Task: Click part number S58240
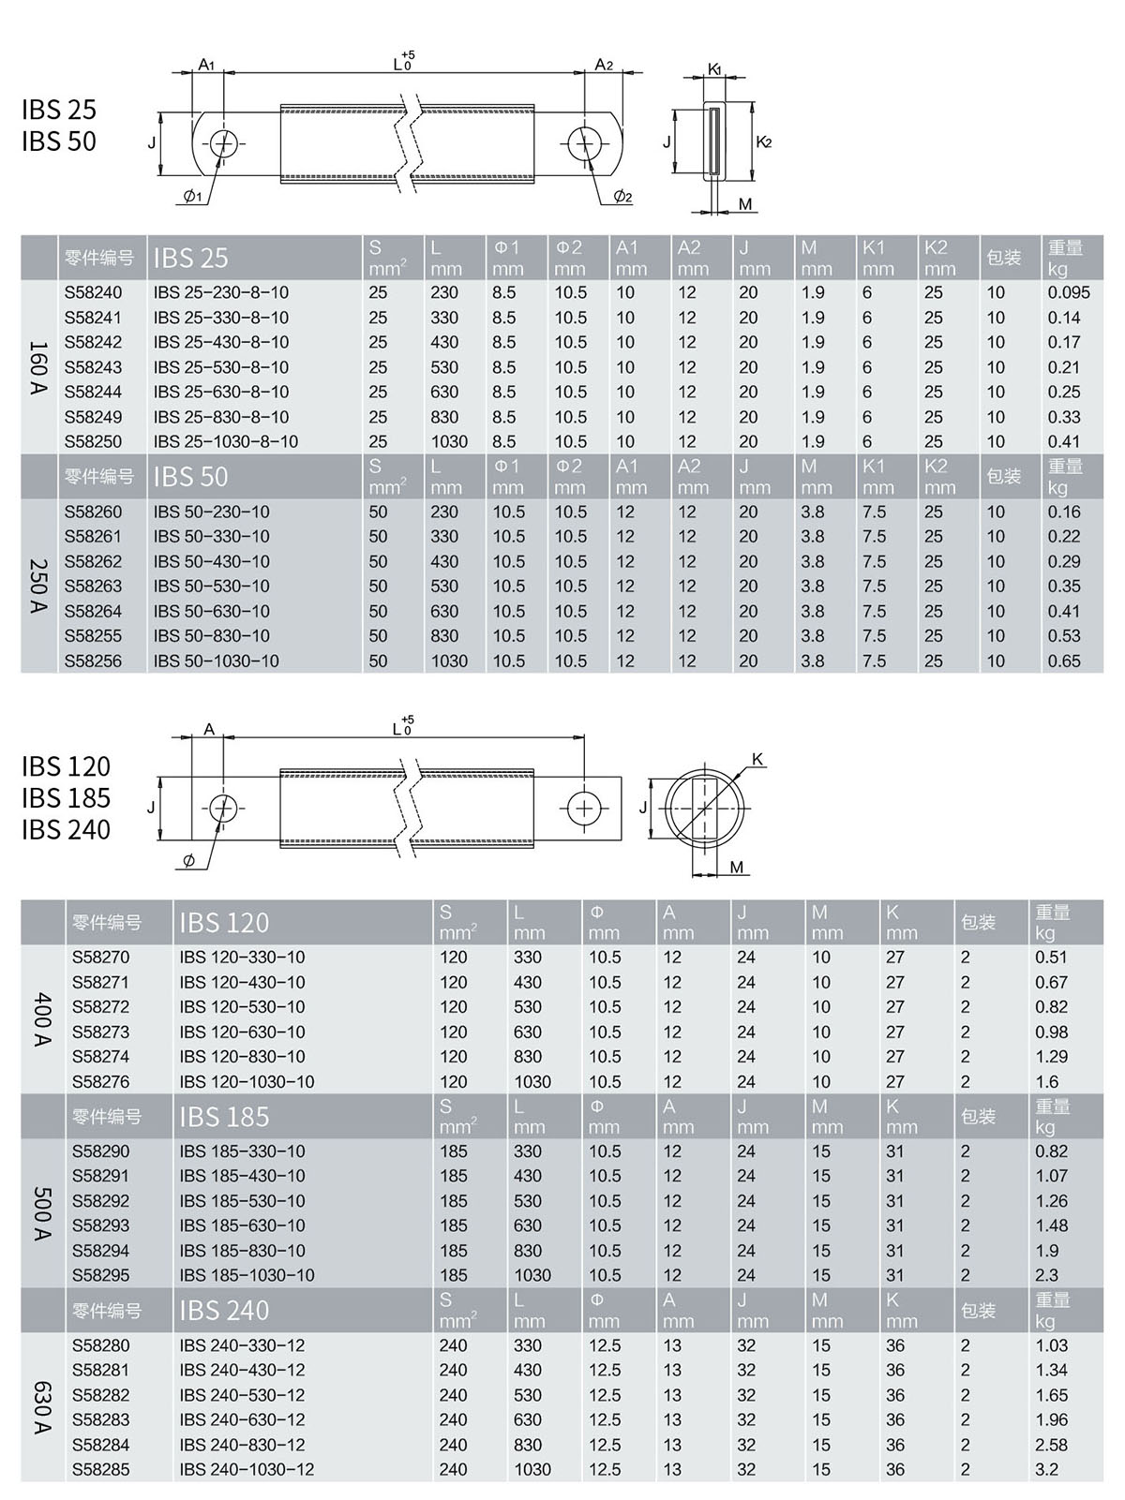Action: [x=93, y=293]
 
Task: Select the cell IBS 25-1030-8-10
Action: [x=226, y=442]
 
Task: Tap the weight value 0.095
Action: [x=1068, y=293]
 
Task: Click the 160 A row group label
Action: [x=38, y=367]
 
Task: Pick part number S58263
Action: [x=93, y=587]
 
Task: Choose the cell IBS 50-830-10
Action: [x=211, y=636]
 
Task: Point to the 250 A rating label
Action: [x=38, y=587]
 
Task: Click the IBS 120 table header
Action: [x=224, y=923]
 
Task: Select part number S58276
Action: [x=100, y=1082]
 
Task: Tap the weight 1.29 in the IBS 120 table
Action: [x=1051, y=1057]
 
